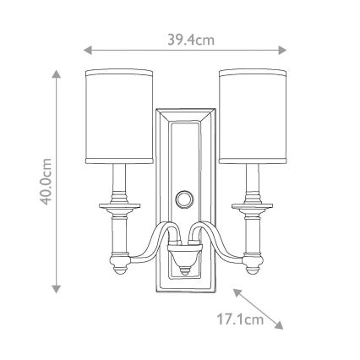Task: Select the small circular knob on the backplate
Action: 184,200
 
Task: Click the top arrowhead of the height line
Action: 57,74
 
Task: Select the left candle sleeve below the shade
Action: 119,183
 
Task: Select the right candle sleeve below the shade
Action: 250,183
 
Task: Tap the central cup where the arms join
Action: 184,253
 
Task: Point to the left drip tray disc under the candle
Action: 119,205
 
